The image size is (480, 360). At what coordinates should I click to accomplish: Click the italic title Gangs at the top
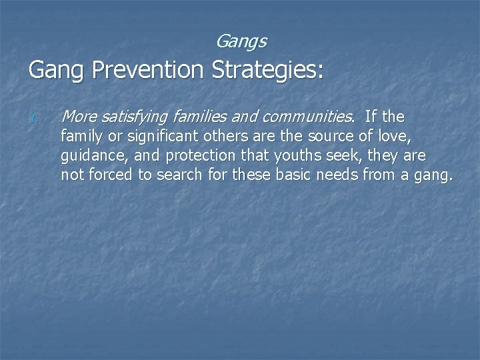pos(241,42)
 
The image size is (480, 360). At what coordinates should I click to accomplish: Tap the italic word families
pos(197,118)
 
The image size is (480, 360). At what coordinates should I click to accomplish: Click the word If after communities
pos(371,118)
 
